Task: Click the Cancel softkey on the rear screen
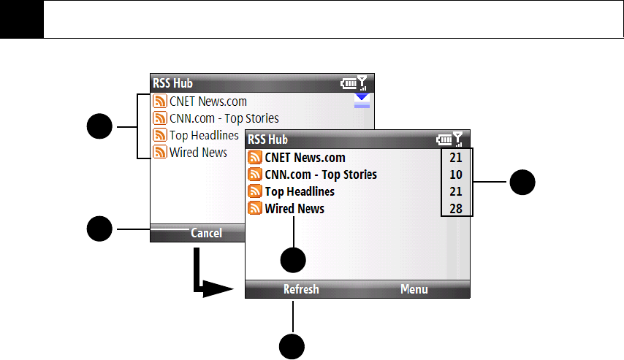[206, 233]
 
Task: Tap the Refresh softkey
[301, 289]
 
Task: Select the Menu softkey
[414, 289]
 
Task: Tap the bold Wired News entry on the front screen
[294, 209]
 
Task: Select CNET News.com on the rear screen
[208, 102]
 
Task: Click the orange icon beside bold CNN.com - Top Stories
[255, 175]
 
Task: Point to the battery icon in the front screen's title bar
[444, 139]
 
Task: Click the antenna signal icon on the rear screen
[362, 83]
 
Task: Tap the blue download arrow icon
[362, 101]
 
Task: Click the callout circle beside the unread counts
[522, 182]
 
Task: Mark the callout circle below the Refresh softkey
[293, 347]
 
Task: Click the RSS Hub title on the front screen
[267, 139]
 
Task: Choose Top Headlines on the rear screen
[204, 135]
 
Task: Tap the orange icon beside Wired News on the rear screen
[159, 153]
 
